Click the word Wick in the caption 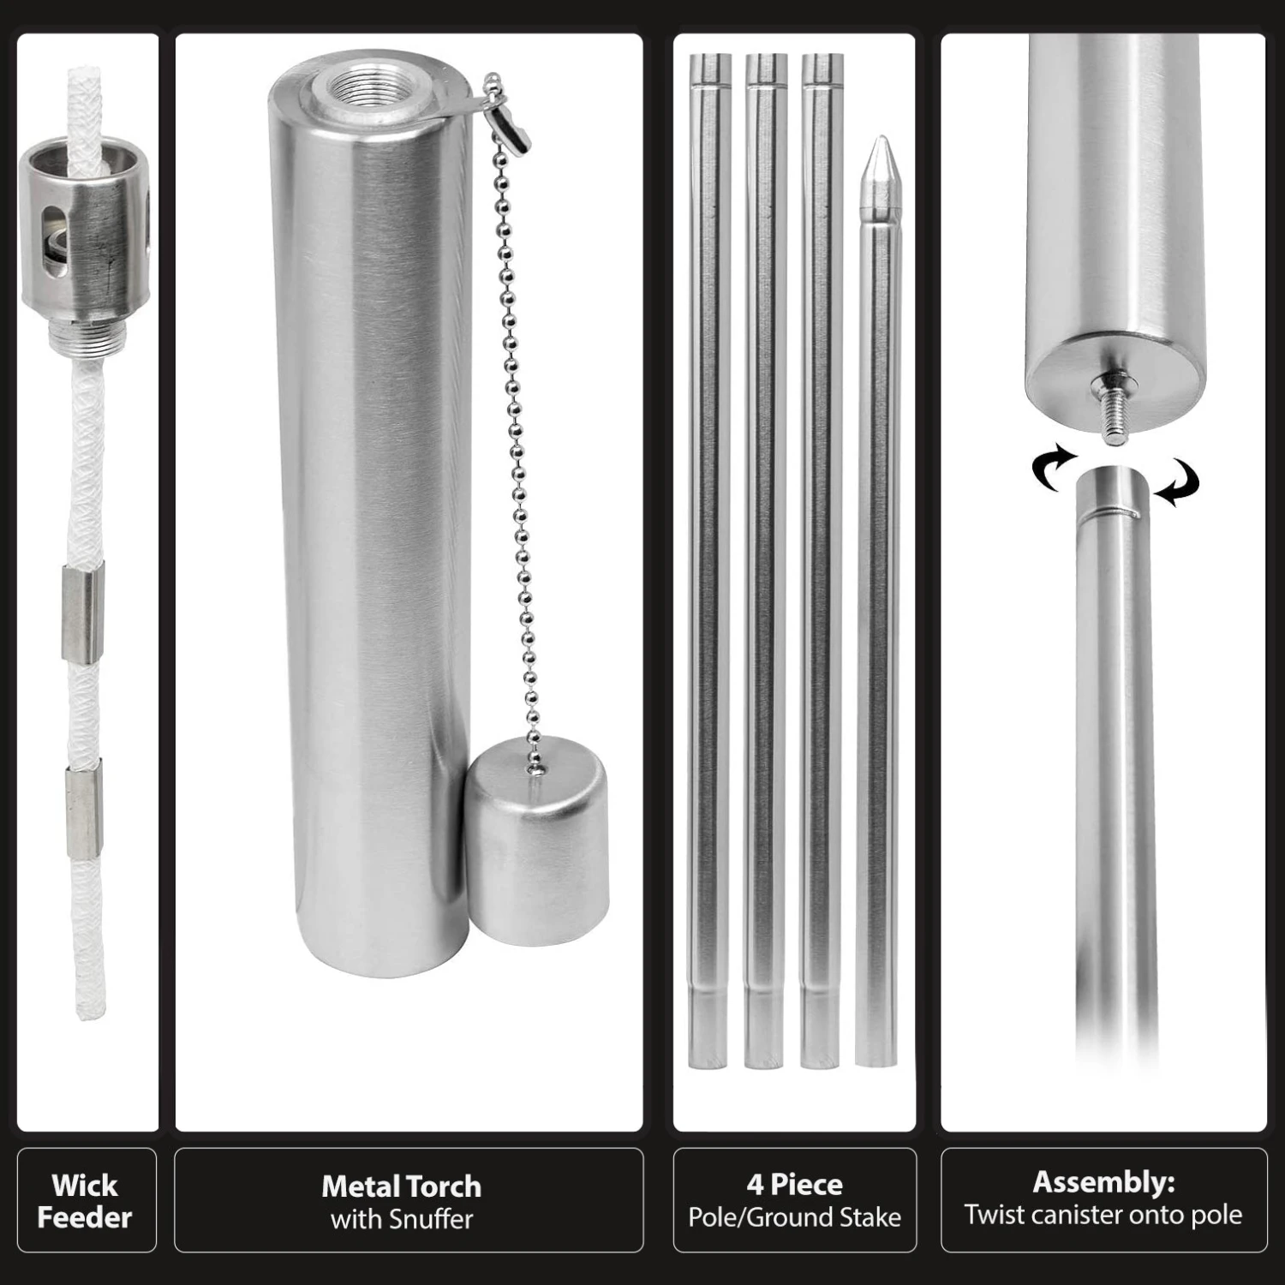point(85,1186)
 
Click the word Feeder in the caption point(85,1217)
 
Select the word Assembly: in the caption point(1103,1182)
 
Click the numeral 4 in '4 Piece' point(754,1185)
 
